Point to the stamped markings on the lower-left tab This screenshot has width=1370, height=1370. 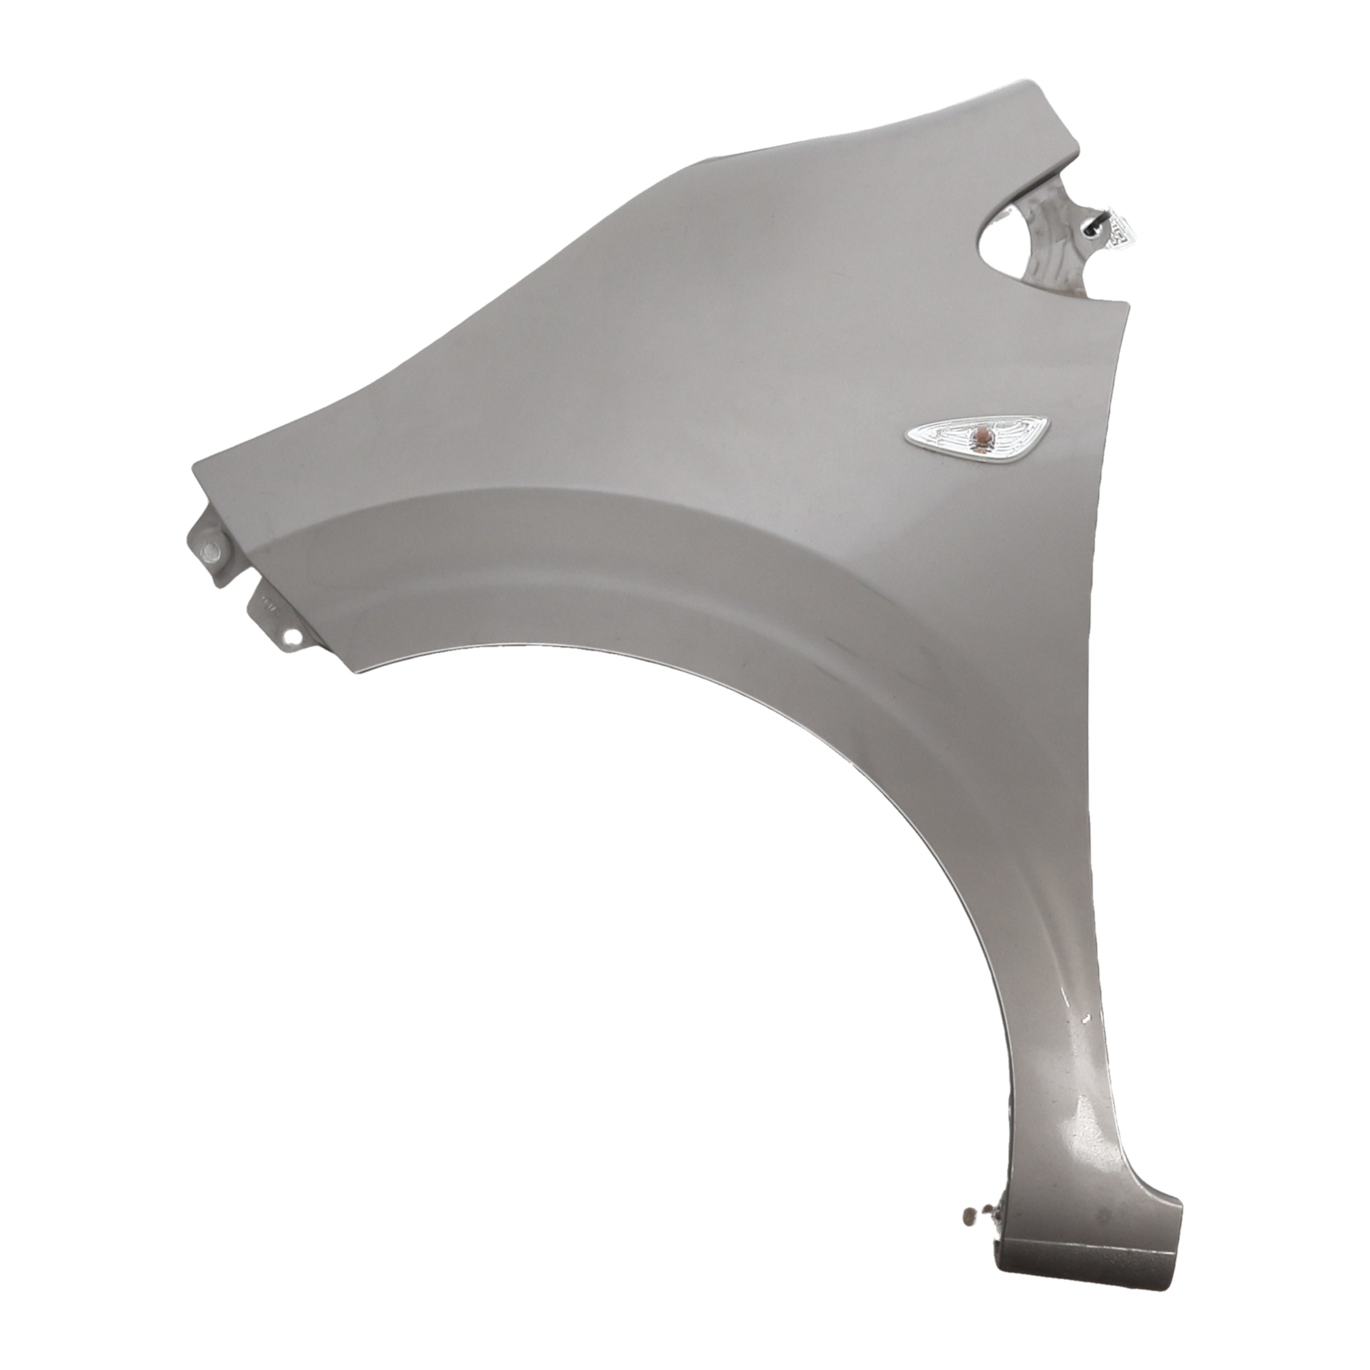coord(267,606)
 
